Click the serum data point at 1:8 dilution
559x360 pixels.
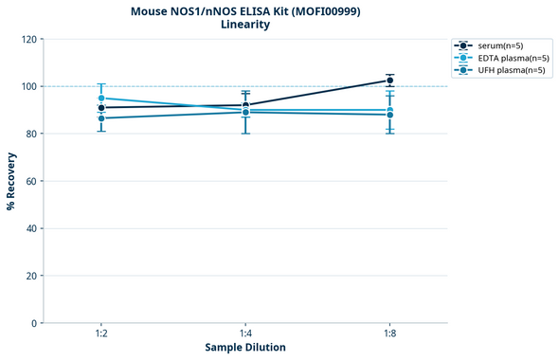tap(390, 81)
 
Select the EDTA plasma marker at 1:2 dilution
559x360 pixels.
tap(101, 99)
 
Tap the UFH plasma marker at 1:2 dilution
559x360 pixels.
tap(101, 117)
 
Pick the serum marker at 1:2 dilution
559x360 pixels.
tap(101, 108)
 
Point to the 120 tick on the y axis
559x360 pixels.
tap(28, 39)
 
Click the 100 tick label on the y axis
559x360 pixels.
tap(28, 86)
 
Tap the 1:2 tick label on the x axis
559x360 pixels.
tap(101, 334)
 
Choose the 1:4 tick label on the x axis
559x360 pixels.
tap(245, 334)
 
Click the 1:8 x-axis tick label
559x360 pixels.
tap(390, 334)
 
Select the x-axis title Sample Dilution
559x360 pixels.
tap(245, 348)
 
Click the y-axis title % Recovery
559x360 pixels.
tap(11, 180)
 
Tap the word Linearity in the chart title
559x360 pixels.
tap(245, 25)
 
